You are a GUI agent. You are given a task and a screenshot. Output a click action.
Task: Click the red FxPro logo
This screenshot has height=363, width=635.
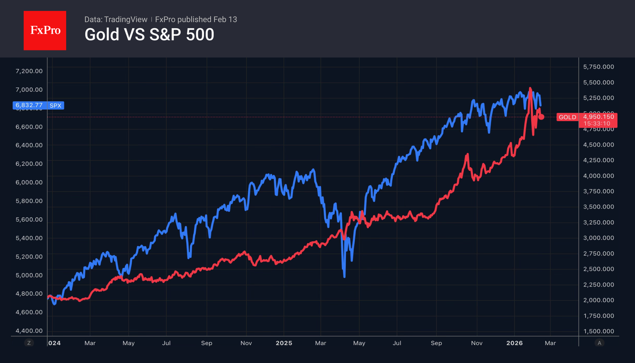click(45, 30)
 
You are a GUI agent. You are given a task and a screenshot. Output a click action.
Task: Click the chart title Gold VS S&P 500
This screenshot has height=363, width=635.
click(149, 35)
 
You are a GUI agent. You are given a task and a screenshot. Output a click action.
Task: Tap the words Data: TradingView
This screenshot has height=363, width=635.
click(116, 19)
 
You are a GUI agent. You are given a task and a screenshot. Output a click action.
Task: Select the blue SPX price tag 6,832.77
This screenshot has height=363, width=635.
click(29, 105)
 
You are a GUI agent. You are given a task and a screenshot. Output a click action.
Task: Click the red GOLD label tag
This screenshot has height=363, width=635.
click(567, 117)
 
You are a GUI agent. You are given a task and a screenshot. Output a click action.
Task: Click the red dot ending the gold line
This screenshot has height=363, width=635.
click(541, 117)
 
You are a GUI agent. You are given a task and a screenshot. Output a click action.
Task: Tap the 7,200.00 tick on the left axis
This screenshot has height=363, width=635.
click(29, 71)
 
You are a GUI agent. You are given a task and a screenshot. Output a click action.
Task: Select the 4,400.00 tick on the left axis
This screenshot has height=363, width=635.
click(29, 331)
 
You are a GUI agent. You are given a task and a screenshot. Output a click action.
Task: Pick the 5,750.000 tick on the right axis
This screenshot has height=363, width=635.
click(598, 67)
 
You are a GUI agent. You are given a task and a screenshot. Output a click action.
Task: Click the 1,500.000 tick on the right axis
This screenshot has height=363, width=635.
click(598, 331)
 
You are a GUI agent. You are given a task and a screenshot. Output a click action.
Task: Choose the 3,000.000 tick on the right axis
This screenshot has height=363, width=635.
click(598, 238)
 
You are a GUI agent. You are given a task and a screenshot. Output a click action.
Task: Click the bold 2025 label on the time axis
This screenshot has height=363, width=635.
click(284, 343)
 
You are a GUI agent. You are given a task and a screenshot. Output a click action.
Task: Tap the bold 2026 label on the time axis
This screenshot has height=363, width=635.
click(514, 343)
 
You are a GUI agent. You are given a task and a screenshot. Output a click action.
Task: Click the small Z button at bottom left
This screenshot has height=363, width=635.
click(29, 343)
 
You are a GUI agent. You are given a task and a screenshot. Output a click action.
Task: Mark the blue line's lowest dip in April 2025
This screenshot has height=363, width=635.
click(344, 276)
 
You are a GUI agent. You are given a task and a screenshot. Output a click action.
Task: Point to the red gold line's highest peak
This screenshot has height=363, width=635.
click(530, 88)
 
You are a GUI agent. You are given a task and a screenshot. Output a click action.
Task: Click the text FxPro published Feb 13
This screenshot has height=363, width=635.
click(196, 19)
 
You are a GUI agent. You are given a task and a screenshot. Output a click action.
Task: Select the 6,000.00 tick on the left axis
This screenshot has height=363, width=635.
click(29, 182)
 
